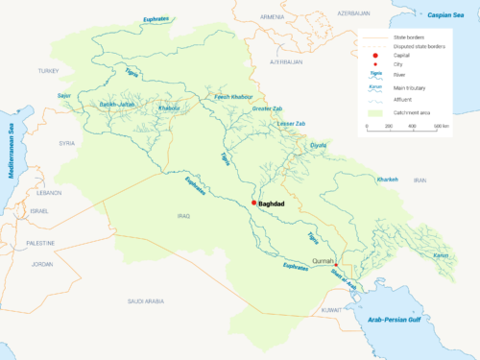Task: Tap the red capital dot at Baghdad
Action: click(254, 203)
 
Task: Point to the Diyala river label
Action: click(318, 145)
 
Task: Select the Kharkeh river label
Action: click(387, 179)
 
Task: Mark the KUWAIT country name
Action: click(331, 309)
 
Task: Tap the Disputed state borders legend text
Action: click(421, 46)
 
